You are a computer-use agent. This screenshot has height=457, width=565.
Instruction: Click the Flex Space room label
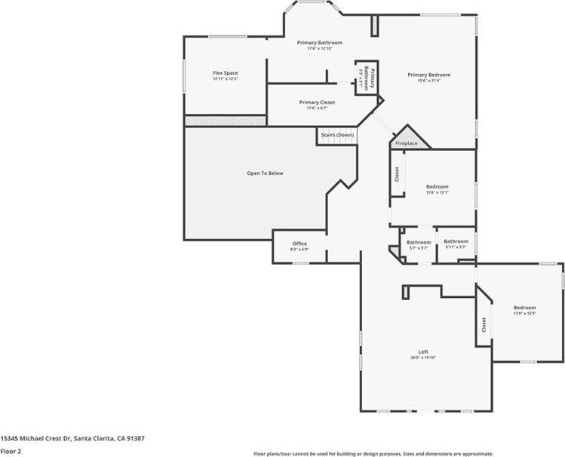(225, 73)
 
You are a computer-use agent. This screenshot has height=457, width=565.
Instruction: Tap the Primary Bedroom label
(428, 75)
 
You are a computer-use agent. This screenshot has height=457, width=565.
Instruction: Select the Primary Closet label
(317, 102)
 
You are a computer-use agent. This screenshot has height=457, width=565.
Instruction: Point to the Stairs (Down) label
(337, 135)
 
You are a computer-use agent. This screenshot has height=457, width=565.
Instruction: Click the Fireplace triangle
(408, 140)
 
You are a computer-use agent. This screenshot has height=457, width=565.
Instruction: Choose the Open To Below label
(265, 173)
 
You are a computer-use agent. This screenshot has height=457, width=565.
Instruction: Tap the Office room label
(299, 244)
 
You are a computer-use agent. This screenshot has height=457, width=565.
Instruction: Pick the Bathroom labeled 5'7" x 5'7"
(419, 243)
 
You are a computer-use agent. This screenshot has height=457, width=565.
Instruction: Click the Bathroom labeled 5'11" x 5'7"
(456, 241)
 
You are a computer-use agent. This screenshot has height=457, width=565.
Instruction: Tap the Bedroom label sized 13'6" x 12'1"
(437, 186)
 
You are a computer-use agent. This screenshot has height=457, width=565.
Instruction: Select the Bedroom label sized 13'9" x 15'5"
(524, 308)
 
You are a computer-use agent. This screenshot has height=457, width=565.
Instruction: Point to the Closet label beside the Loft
(484, 325)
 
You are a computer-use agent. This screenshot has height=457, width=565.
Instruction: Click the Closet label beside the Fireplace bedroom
(397, 174)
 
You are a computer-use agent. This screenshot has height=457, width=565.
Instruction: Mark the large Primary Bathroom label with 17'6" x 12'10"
(320, 43)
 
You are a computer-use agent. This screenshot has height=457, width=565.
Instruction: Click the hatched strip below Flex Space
(225, 121)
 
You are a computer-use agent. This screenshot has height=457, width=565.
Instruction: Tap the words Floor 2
(11, 449)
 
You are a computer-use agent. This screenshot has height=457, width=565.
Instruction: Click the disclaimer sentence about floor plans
(403, 453)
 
